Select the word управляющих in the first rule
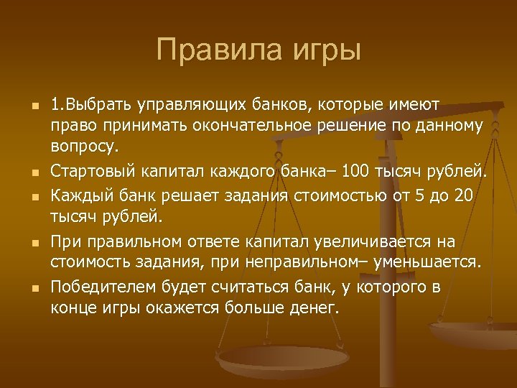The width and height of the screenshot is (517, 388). [195, 106]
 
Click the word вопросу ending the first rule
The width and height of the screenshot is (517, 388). [81, 147]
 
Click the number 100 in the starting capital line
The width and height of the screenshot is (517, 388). [357, 172]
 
